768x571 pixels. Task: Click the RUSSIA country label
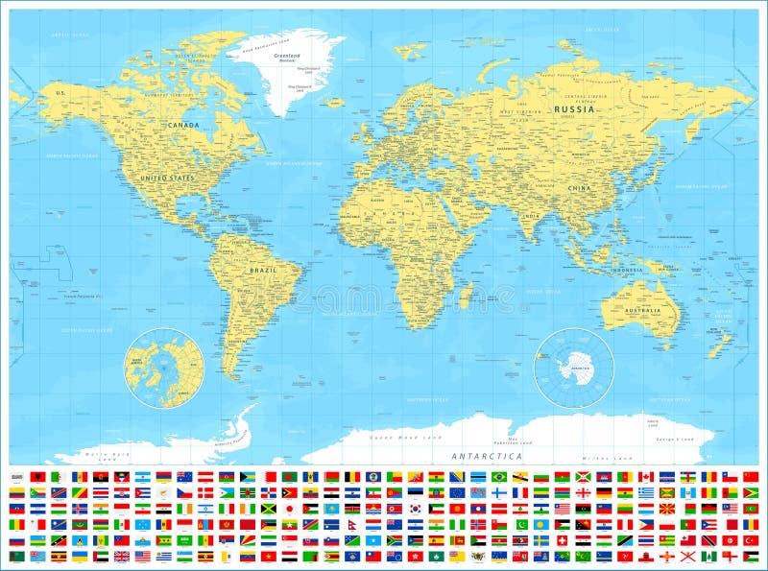pyautogui.click(x=575, y=109)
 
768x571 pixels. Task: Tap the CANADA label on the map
pyautogui.click(x=182, y=125)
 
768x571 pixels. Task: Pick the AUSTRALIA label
pyautogui.click(x=643, y=310)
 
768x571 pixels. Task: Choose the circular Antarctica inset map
pyautogui.click(x=574, y=368)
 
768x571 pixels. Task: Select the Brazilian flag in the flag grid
pyautogui.click(x=499, y=476)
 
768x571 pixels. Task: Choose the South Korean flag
pyautogui.click(x=415, y=509)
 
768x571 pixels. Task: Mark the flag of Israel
pyautogui.click(x=205, y=509)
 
